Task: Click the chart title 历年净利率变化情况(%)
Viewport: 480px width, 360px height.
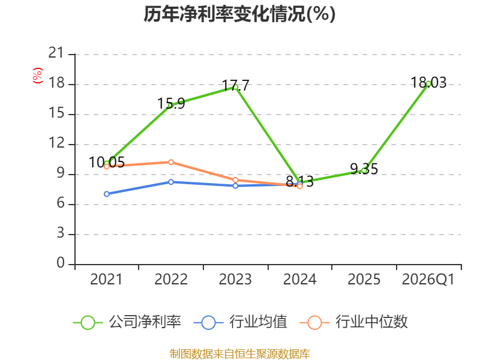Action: [x=239, y=14]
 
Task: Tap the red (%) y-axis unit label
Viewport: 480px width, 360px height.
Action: [x=38, y=76]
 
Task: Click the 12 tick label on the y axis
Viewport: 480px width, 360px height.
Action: [x=56, y=143]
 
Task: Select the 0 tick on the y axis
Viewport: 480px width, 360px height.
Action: [x=61, y=263]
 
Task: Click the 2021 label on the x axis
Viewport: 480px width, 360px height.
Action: [x=106, y=280]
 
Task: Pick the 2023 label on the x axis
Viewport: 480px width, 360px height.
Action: [x=235, y=280]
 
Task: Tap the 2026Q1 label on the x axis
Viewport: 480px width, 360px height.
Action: [x=428, y=280]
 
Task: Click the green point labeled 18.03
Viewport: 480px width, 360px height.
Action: [x=428, y=84]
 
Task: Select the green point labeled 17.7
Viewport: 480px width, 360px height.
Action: [x=235, y=87]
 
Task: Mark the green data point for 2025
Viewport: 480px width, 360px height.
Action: [x=364, y=171]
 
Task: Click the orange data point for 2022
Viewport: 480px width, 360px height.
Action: [x=171, y=162]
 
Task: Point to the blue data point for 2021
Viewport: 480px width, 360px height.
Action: [x=107, y=194]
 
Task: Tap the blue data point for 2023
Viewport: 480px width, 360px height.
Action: [x=235, y=186]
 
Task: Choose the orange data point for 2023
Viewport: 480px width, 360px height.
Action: [x=235, y=180]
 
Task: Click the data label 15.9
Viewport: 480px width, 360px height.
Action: [x=171, y=103]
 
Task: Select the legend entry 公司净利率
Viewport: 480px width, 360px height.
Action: [x=127, y=322]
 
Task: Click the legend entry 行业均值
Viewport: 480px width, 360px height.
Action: [x=241, y=322]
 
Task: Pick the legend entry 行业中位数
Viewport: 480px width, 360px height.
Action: [x=353, y=322]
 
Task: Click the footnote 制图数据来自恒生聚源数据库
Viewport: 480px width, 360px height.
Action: [x=239, y=354]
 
